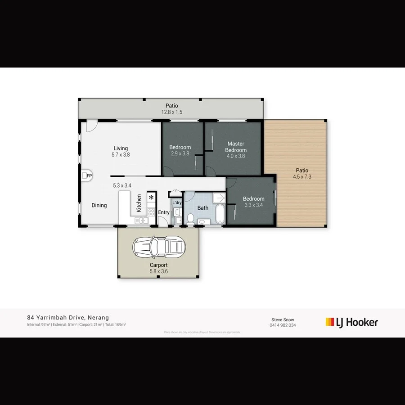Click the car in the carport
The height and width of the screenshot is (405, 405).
(159, 246)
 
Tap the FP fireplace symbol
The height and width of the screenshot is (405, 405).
(87, 175)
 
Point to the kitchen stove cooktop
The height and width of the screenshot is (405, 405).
(151, 212)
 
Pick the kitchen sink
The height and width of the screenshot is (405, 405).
(142, 220)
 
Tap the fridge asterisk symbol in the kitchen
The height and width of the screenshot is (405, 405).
(151, 198)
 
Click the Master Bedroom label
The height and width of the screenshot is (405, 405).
(236, 147)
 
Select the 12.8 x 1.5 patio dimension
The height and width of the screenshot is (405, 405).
(172, 112)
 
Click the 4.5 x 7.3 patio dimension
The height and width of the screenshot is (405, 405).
(302, 177)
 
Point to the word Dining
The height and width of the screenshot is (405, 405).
(99, 205)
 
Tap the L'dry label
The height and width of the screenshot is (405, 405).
(177, 203)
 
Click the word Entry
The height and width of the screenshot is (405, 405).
(164, 212)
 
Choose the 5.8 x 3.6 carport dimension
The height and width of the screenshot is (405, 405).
(159, 271)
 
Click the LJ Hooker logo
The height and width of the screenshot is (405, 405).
(351, 322)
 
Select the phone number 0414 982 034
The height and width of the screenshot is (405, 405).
(283, 325)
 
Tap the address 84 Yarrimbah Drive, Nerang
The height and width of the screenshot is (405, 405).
(68, 317)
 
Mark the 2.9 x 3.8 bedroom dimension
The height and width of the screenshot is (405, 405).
(180, 153)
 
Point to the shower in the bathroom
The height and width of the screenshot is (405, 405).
(219, 198)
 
